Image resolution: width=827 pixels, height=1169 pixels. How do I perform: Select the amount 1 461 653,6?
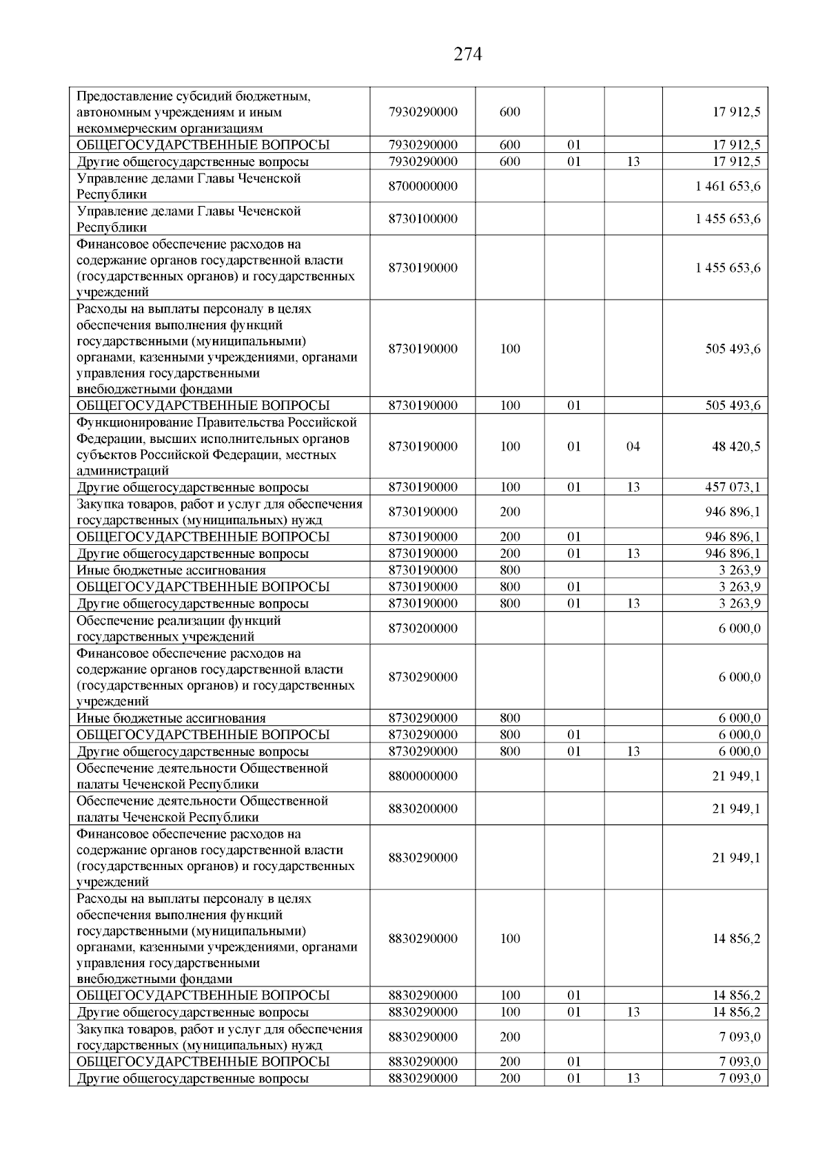tap(728, 187)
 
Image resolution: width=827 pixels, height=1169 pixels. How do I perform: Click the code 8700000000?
tap(422, 187)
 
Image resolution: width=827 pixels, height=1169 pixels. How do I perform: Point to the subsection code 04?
tap(633, 446)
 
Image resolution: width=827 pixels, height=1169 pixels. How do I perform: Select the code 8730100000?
tap(422, 219)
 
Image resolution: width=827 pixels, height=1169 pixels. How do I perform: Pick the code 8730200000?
tap(422, 628)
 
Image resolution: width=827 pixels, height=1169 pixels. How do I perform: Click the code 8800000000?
tap(422, 776)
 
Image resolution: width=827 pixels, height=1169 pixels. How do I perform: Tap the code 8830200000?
tap(422, 809)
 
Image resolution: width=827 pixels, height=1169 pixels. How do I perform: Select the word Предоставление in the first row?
tap(122, 96)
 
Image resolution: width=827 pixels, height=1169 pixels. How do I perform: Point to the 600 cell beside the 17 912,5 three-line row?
tap(509, 112)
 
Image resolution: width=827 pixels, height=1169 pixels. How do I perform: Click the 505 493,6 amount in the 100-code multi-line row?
tap(733, 349)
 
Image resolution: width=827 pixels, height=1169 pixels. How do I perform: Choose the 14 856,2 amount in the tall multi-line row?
tap(736, 939)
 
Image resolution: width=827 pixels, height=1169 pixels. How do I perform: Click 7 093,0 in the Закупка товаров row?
tap(739, 1037)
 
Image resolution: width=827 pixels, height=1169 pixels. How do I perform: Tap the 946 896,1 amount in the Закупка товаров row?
tap(733, 512)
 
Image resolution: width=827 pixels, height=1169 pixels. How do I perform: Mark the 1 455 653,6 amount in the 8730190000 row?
tap(728, 268)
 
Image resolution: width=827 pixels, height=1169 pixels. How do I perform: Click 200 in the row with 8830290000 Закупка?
tap(509, 1037)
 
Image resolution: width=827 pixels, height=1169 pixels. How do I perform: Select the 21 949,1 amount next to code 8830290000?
tap(736, 858)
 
